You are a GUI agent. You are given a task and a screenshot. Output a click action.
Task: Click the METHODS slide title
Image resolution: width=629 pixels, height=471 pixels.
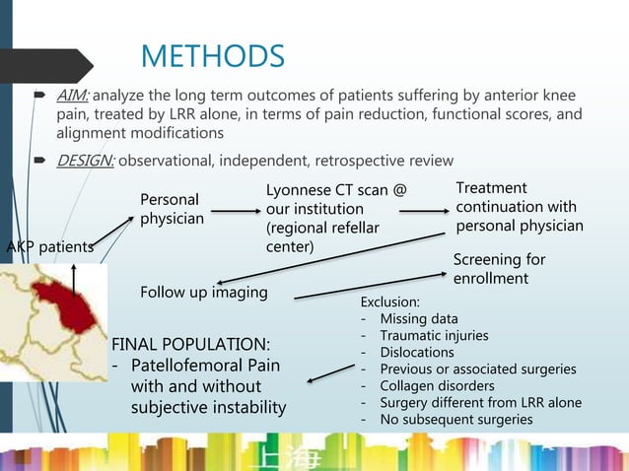click(x=212, y=56)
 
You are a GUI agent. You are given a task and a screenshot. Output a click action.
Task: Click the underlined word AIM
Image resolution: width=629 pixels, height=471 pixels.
click(x=73, y=96)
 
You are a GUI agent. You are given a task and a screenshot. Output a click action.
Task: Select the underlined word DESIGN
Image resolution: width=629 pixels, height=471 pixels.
click(x=86, y=161)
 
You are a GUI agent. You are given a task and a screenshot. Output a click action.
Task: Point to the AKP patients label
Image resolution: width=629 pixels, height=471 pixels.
click(x=50, y=246)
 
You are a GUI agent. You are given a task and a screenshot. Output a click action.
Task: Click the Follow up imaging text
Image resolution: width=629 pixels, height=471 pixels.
click(x=205, y=293)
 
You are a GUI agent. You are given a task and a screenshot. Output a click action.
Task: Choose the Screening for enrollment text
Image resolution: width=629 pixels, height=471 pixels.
click(x=499, y=269)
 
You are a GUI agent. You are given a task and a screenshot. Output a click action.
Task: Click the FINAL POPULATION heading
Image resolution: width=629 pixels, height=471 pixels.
click(x=190, y=345)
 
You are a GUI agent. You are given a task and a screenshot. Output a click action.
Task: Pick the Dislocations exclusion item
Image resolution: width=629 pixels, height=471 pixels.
click(x=417, y=352)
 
